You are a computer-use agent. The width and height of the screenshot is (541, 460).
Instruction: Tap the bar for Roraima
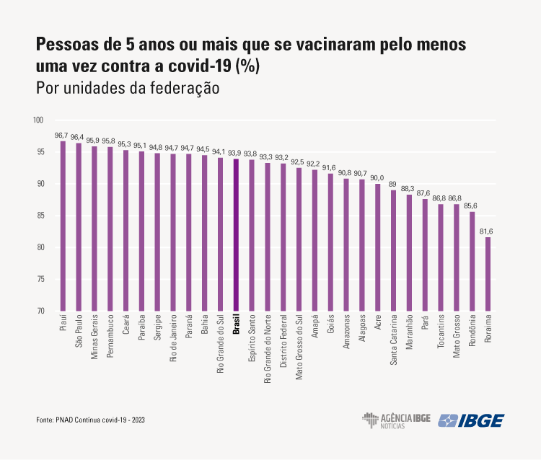point(488,274)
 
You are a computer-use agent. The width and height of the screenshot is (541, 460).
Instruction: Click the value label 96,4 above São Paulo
point(78,137)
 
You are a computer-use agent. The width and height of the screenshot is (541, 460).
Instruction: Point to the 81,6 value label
point(488,231)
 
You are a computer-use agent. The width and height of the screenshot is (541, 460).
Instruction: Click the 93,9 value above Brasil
point(236,153)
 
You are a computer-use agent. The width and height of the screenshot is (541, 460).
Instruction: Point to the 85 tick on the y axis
point(40,216)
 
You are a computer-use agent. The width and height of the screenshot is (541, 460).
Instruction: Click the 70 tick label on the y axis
point(40,311)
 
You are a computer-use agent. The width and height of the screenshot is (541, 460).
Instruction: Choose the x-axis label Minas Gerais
point(94,340)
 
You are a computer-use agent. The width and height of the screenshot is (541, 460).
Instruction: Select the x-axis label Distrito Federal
point(283,342)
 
